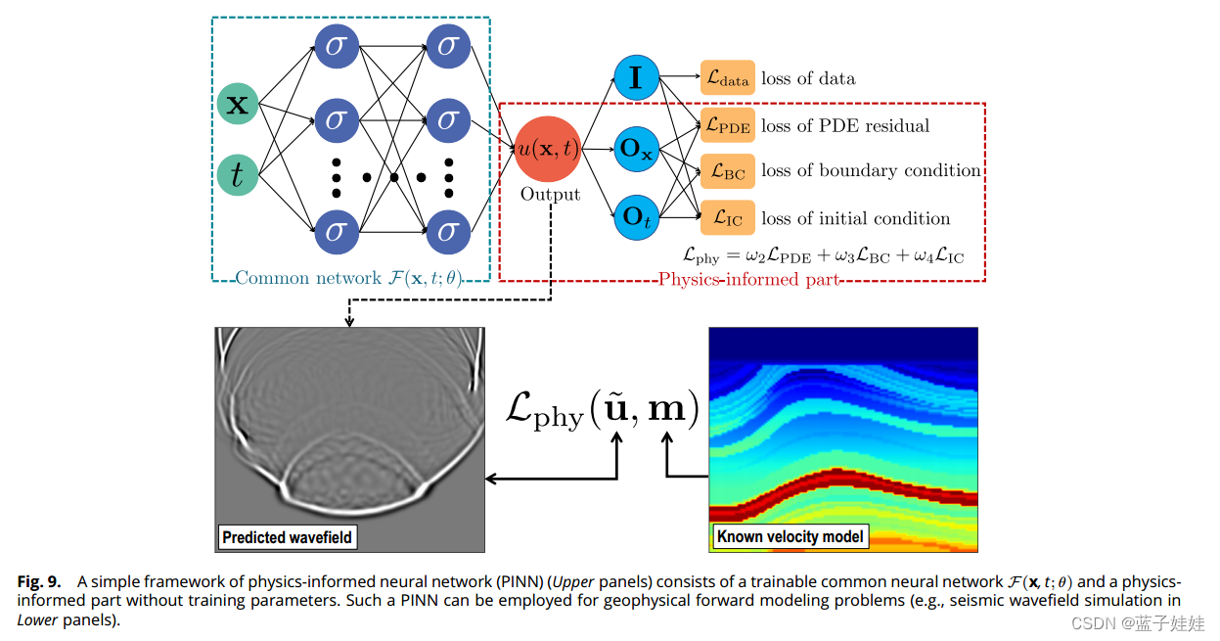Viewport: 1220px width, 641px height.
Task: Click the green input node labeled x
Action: click(237, 104)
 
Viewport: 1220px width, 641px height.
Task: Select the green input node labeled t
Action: click(237, 174)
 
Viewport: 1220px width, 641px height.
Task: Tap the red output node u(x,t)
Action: click(550, 149)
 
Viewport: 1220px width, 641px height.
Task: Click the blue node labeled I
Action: click(637, 78)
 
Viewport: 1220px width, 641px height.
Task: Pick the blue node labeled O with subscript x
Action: click(637, 150)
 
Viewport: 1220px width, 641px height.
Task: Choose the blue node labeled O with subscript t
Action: click(637, 217)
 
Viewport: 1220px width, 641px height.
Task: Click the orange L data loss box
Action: click(727, 78)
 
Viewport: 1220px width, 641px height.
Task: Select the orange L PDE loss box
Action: click(727, 126)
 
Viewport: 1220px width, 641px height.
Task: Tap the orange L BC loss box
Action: click(727, 171)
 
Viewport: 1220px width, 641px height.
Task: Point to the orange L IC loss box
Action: click(727, 218)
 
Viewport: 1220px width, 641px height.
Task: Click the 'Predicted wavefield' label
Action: click(287, 537)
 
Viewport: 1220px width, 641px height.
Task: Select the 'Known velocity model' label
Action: click(791, 536)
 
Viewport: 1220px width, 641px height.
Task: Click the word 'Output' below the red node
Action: click(550, 195)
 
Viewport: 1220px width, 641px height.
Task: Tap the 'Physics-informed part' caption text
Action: click(748, 280)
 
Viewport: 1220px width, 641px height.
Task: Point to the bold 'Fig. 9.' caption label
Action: click(38, 581)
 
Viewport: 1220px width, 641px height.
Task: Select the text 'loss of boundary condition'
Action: click(871, 171)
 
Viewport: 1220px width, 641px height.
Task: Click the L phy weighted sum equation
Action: click(823, 256)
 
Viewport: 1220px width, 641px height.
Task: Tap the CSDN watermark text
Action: click(1138, 623)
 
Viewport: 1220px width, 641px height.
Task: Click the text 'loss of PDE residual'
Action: click(845, 126)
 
